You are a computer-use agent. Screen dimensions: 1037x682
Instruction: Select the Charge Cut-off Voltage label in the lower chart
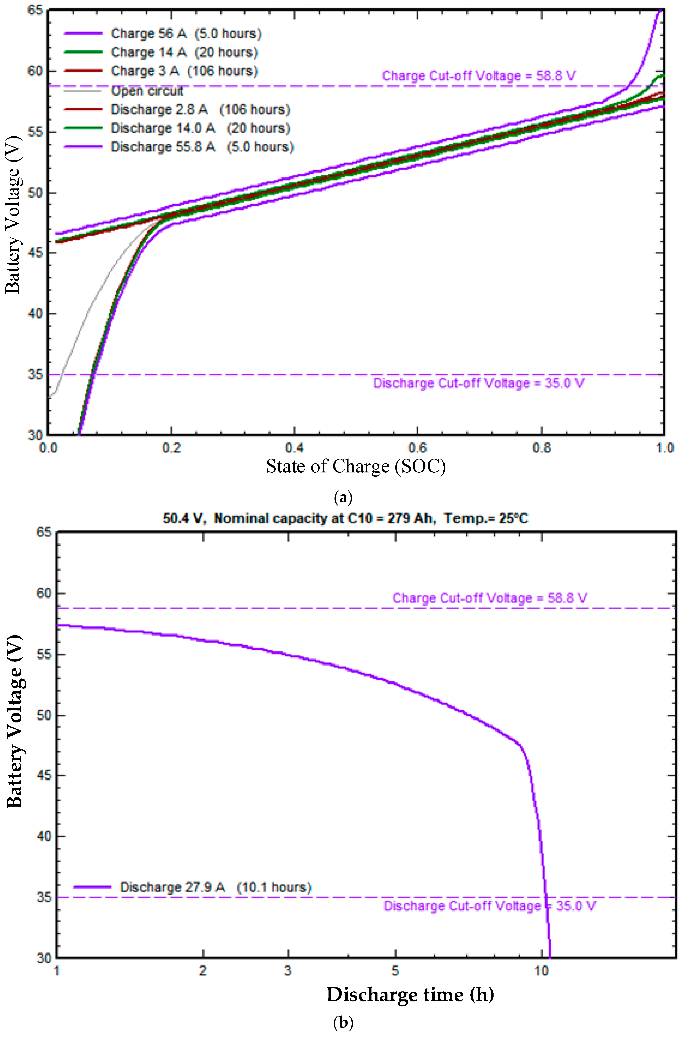[x=489, y=598]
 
